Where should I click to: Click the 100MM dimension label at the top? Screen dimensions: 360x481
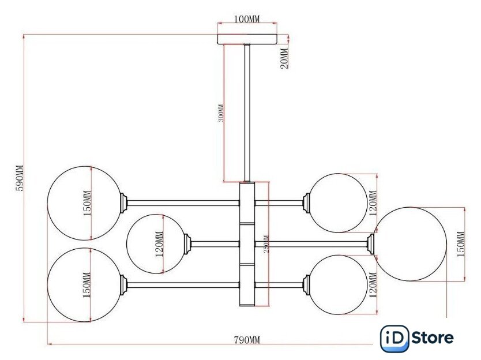pyautogui.click(x=247, y=19)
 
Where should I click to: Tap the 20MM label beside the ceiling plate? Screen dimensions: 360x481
pyautogui.click(x=284, y=58)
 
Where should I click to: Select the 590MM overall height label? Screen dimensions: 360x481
pyautogui.click(x=19, y=178)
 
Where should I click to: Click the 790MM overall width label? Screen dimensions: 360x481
pyautogui.click(x=246, y=340)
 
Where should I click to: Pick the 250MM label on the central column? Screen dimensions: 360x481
pyautogui.click(x=266, y=246)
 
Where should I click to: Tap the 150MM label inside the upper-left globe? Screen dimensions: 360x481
pyautogui.click(x=87, y=203)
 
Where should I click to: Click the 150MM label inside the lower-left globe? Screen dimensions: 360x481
pyautogui.click(x=87, y=284)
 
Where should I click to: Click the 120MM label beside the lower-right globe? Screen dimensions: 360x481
pyautogui.click(x=373, y=284)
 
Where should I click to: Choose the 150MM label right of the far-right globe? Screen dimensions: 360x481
pyautogui.click(x=460, y=243)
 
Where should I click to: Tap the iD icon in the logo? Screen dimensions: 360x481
pyautogui.click(x=394, y=338)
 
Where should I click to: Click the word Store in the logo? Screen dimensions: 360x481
pyautogui.click(x=433, y=338)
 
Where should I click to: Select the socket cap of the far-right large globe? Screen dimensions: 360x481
pyautogui.click(x=372, y=243)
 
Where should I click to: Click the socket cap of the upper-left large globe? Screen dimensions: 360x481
pyautogui.click(x=123, y=203)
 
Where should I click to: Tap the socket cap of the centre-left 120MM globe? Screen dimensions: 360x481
pyautogui.click(x=187, y=243)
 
